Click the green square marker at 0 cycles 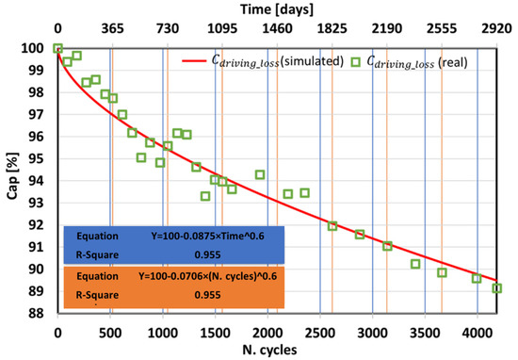point(58,49)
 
